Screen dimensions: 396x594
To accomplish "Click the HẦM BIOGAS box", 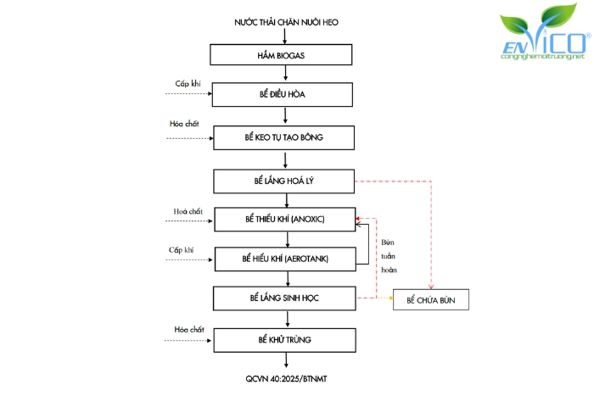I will (x=283, y=53).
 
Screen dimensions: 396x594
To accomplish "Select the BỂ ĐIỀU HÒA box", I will (x=283, y=94).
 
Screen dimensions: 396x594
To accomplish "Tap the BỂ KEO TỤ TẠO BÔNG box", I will (x=283, y=137).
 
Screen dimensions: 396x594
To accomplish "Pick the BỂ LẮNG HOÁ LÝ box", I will (x=283, y=181).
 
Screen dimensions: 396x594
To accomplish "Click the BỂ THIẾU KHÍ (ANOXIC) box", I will (x=285, y=219).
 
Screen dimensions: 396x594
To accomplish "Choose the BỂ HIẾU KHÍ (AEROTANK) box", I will (x=285, y=258).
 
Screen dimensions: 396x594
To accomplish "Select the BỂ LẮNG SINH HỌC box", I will (x=283, y=298).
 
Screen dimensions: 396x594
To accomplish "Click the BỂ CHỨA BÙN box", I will (x=430, y=300).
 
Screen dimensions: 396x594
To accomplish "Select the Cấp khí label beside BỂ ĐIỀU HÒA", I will (x=188, y=82).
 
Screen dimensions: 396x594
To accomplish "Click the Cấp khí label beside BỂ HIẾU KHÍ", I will (x=182, y=249).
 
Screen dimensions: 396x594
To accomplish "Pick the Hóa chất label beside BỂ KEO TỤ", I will (x=184, y=124).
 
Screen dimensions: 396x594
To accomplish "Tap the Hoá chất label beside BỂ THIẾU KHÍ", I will (x=188, y=210).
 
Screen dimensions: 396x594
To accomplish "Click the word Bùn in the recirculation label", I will (x=388, y=241).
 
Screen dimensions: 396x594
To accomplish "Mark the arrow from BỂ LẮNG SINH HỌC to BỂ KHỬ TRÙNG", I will (x=286, y=319).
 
